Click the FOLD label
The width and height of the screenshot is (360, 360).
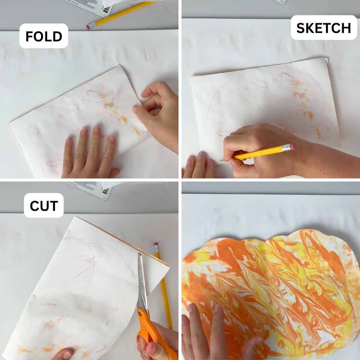point(44,36)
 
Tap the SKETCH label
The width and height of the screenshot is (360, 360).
point(323,28)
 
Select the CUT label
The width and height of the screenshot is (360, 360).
point(44,205)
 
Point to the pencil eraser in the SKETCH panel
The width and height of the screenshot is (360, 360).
point(289,147)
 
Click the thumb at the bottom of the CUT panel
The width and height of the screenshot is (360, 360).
point(64,354)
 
